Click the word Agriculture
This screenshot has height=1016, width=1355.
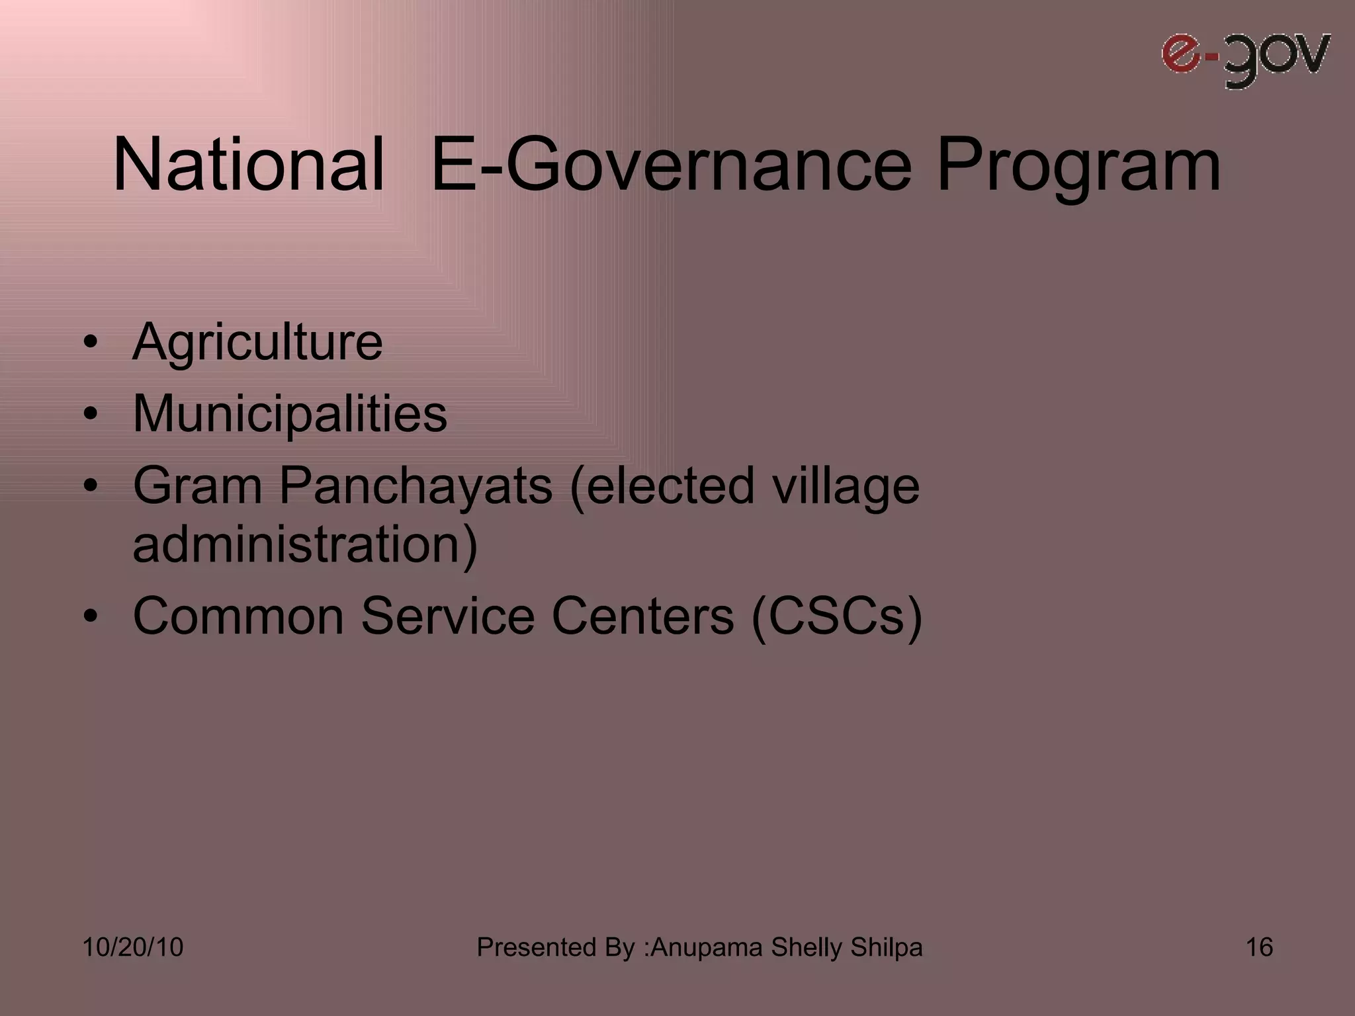click(x=257, y=342)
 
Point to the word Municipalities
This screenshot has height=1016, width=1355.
click(x=290, y=414)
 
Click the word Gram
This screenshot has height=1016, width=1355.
click(x=198, y=485)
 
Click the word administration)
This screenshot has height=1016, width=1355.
click(x=305, y=544)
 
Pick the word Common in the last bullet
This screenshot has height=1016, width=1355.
click(x=238, y=616)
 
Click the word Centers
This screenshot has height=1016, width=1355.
click(x=642, y=616)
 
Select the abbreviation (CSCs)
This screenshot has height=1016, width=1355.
click(x=836, y=616)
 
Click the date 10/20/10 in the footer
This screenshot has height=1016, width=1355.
click(x=132, y=947)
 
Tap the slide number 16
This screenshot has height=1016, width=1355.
click(x=1259, y=947)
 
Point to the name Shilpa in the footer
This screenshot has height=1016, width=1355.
click(x=886, y=947)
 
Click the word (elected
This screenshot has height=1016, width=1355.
click(x=661, y=486)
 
